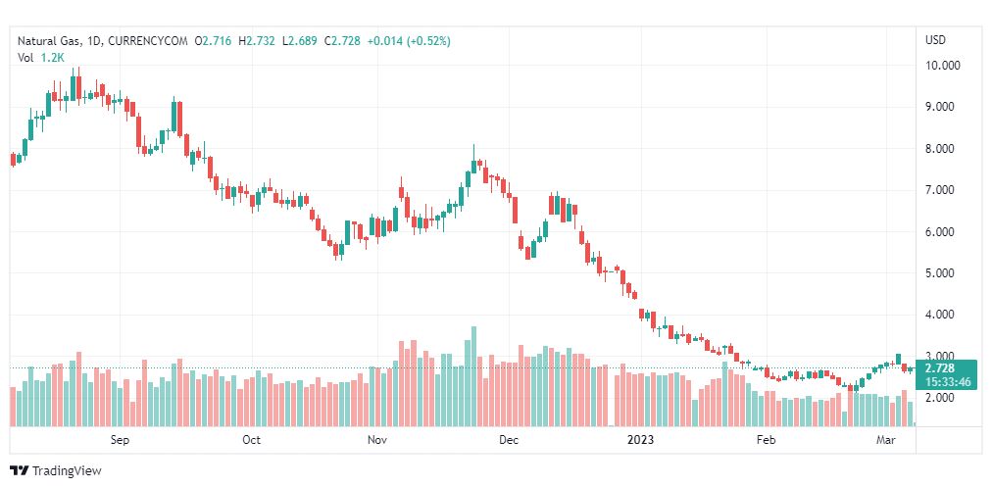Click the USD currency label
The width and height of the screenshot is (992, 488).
(x=935, y=40)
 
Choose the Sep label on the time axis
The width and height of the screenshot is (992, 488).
(x=120, y=441)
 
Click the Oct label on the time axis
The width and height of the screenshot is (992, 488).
(x=251, y=441)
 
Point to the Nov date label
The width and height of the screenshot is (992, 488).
(x=377, y=441)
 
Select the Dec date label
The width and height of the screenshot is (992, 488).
(x=508, y=441)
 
